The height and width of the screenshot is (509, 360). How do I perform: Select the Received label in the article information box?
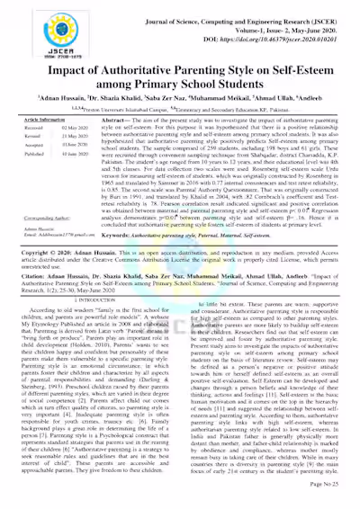click(x=40, y=128)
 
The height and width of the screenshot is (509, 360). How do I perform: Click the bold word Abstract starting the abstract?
click(x=114, y=120)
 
